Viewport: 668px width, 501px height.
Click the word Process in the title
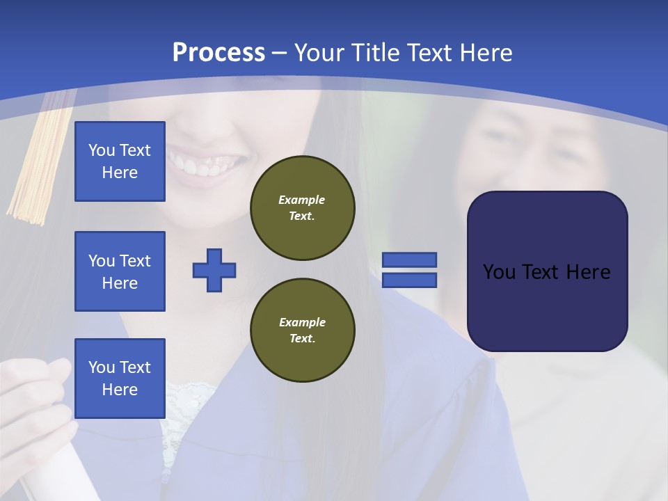pos(218,53)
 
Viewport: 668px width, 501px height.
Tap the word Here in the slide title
pos(484,53)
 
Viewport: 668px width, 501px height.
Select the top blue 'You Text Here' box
pos(120,161)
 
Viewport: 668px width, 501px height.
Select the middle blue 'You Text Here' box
pos(120,271)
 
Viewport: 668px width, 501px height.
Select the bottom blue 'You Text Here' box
pos(120,379)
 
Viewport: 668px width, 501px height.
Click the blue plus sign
pos(214,270)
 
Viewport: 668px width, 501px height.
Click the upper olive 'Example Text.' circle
pos(303,208)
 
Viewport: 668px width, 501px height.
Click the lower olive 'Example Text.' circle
pos(303,331)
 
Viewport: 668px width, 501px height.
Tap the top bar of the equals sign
pos(409,260)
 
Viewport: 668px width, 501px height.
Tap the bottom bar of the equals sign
pos(409,280)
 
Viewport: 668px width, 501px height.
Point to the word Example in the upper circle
pos(302,200)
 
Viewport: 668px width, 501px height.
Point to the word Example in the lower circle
pos(302,322)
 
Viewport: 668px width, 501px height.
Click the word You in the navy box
pos(498,272)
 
